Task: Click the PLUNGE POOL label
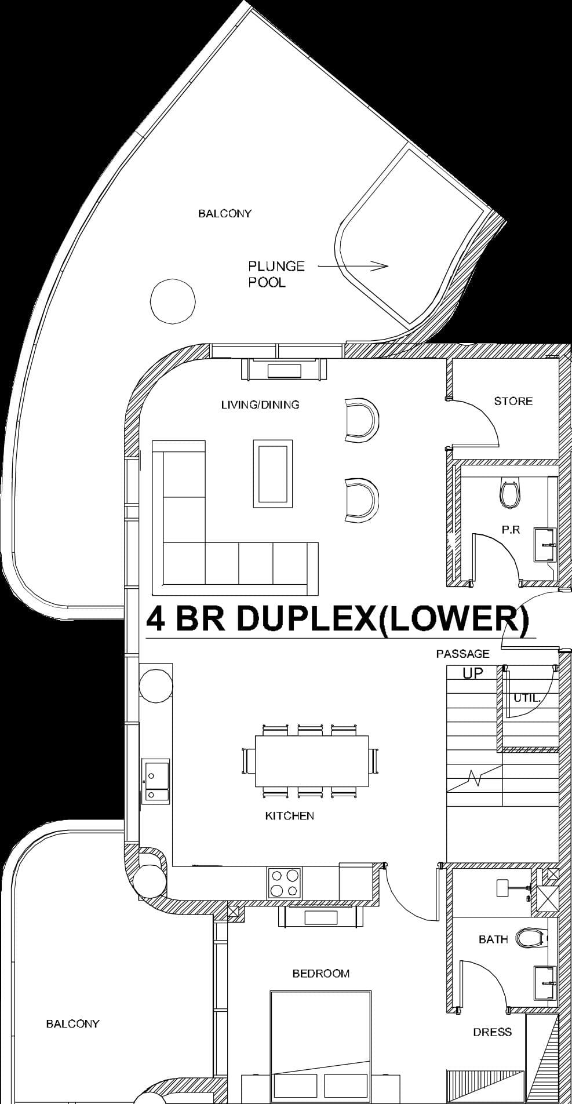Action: point(276,274)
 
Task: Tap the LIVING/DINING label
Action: point(260,405)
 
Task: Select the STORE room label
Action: point(513,401)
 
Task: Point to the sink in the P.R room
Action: point(544,545)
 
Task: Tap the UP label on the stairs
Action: point(473,673)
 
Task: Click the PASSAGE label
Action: point(462,654)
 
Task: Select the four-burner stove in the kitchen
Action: point(285,883)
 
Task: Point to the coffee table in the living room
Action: point(272,473)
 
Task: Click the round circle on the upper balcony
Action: point(172,300)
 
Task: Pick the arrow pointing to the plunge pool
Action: point(353,266)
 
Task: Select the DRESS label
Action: point(492,1032)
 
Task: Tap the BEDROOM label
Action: point(320,974)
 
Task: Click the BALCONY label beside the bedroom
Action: point(72,1024)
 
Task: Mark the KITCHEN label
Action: point(289,816)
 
